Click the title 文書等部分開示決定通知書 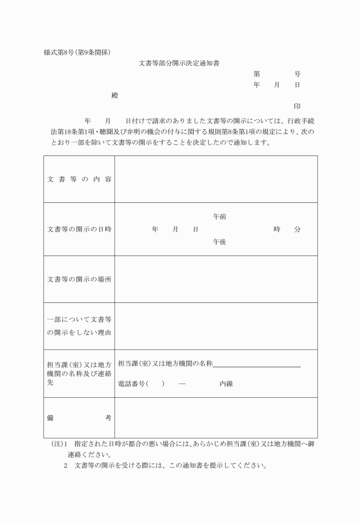click(179, 63)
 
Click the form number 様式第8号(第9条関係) click(77, 52)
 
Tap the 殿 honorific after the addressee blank click(115, 95)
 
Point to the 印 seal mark click(297, 106)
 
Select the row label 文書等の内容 click(79, 179)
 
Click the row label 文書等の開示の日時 click(79, 229)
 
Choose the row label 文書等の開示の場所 click(79, 280)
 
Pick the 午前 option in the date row click(219, 217)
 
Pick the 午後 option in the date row click(219, 242)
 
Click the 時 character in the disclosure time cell click(277, 229)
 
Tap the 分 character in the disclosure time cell click(297, 229)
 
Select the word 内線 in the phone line click(226, 384)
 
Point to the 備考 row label click(79, 418)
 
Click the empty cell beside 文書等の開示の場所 click(216, 280)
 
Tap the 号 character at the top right click(297, 74)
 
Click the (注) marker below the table click(57, 444)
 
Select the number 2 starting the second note click(66, 465)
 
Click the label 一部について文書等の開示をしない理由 click(79, 326)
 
